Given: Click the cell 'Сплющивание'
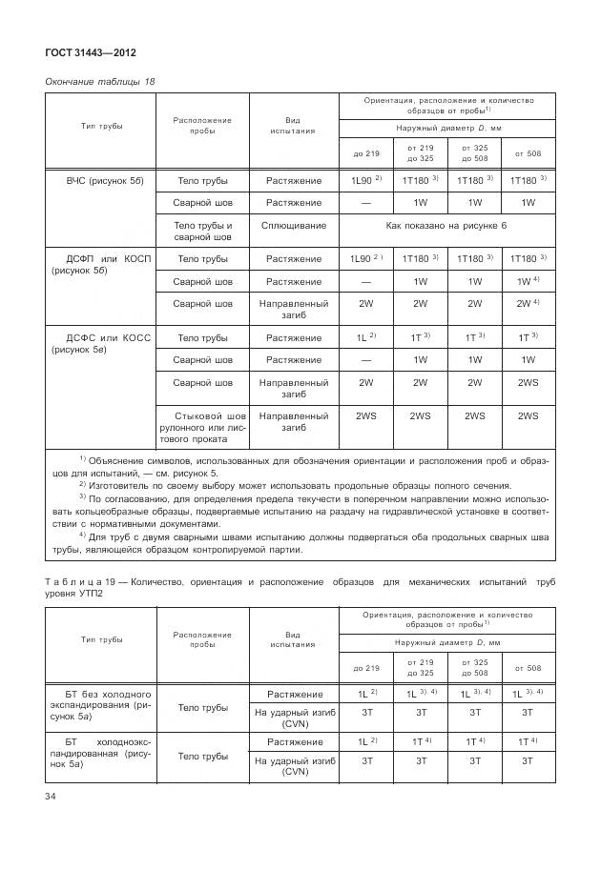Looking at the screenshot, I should tap(294, 226).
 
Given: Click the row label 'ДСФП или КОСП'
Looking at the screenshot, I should tap(98, 258).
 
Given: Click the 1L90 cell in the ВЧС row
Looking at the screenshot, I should tap(365, 179).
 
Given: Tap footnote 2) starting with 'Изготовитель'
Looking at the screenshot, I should tap(296, 484).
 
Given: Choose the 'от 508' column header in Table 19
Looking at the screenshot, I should tap(528, 668).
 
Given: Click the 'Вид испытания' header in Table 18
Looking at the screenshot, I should tap(294, 126).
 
